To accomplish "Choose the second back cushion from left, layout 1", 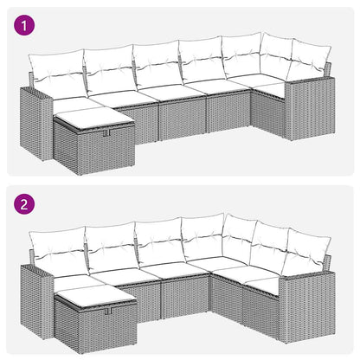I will [108, 67].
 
